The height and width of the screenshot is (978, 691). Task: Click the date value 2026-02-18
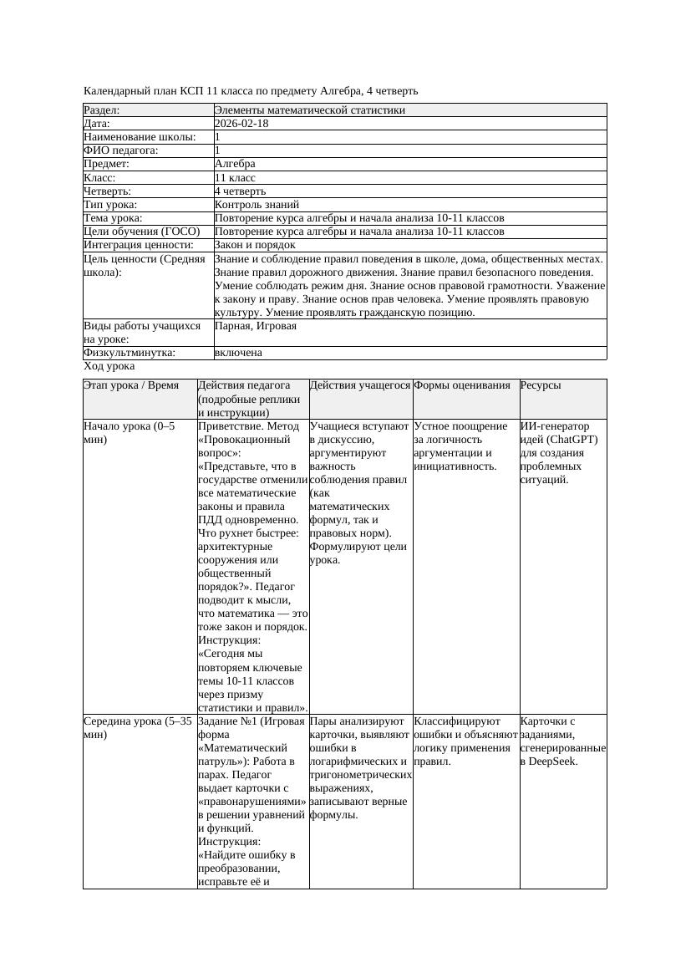pyautogui.click(x=241, y=123)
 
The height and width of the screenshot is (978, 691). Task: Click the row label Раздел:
pyautogui.click(x=102, y=110)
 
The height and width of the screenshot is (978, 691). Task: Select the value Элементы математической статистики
pyautogui.click(x=309, y=110)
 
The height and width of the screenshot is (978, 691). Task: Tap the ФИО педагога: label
pyautogui.click(x=121, y=150)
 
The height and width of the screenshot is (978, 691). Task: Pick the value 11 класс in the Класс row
pyautogui.click(x=235, y=177)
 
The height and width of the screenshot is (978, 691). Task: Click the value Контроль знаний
pyautogui.click(x=257, y=204)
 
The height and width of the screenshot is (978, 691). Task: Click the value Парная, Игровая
pyautogui.click(x=256, y=326)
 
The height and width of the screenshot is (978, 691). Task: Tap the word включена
pyautogui.click(x=238, y=353)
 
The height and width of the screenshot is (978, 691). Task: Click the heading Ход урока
pyautogui.click(x=109, y=366)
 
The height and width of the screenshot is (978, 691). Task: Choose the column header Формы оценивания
pyautogui.click(x=462, y=385)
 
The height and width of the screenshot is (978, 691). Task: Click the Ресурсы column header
pyautogui.click(x=540, y=385)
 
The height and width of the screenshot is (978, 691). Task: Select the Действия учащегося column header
pyautogui.click(x=360, y=385)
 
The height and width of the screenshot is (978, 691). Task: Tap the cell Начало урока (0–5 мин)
pyautogui.click(x=130, y=432)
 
